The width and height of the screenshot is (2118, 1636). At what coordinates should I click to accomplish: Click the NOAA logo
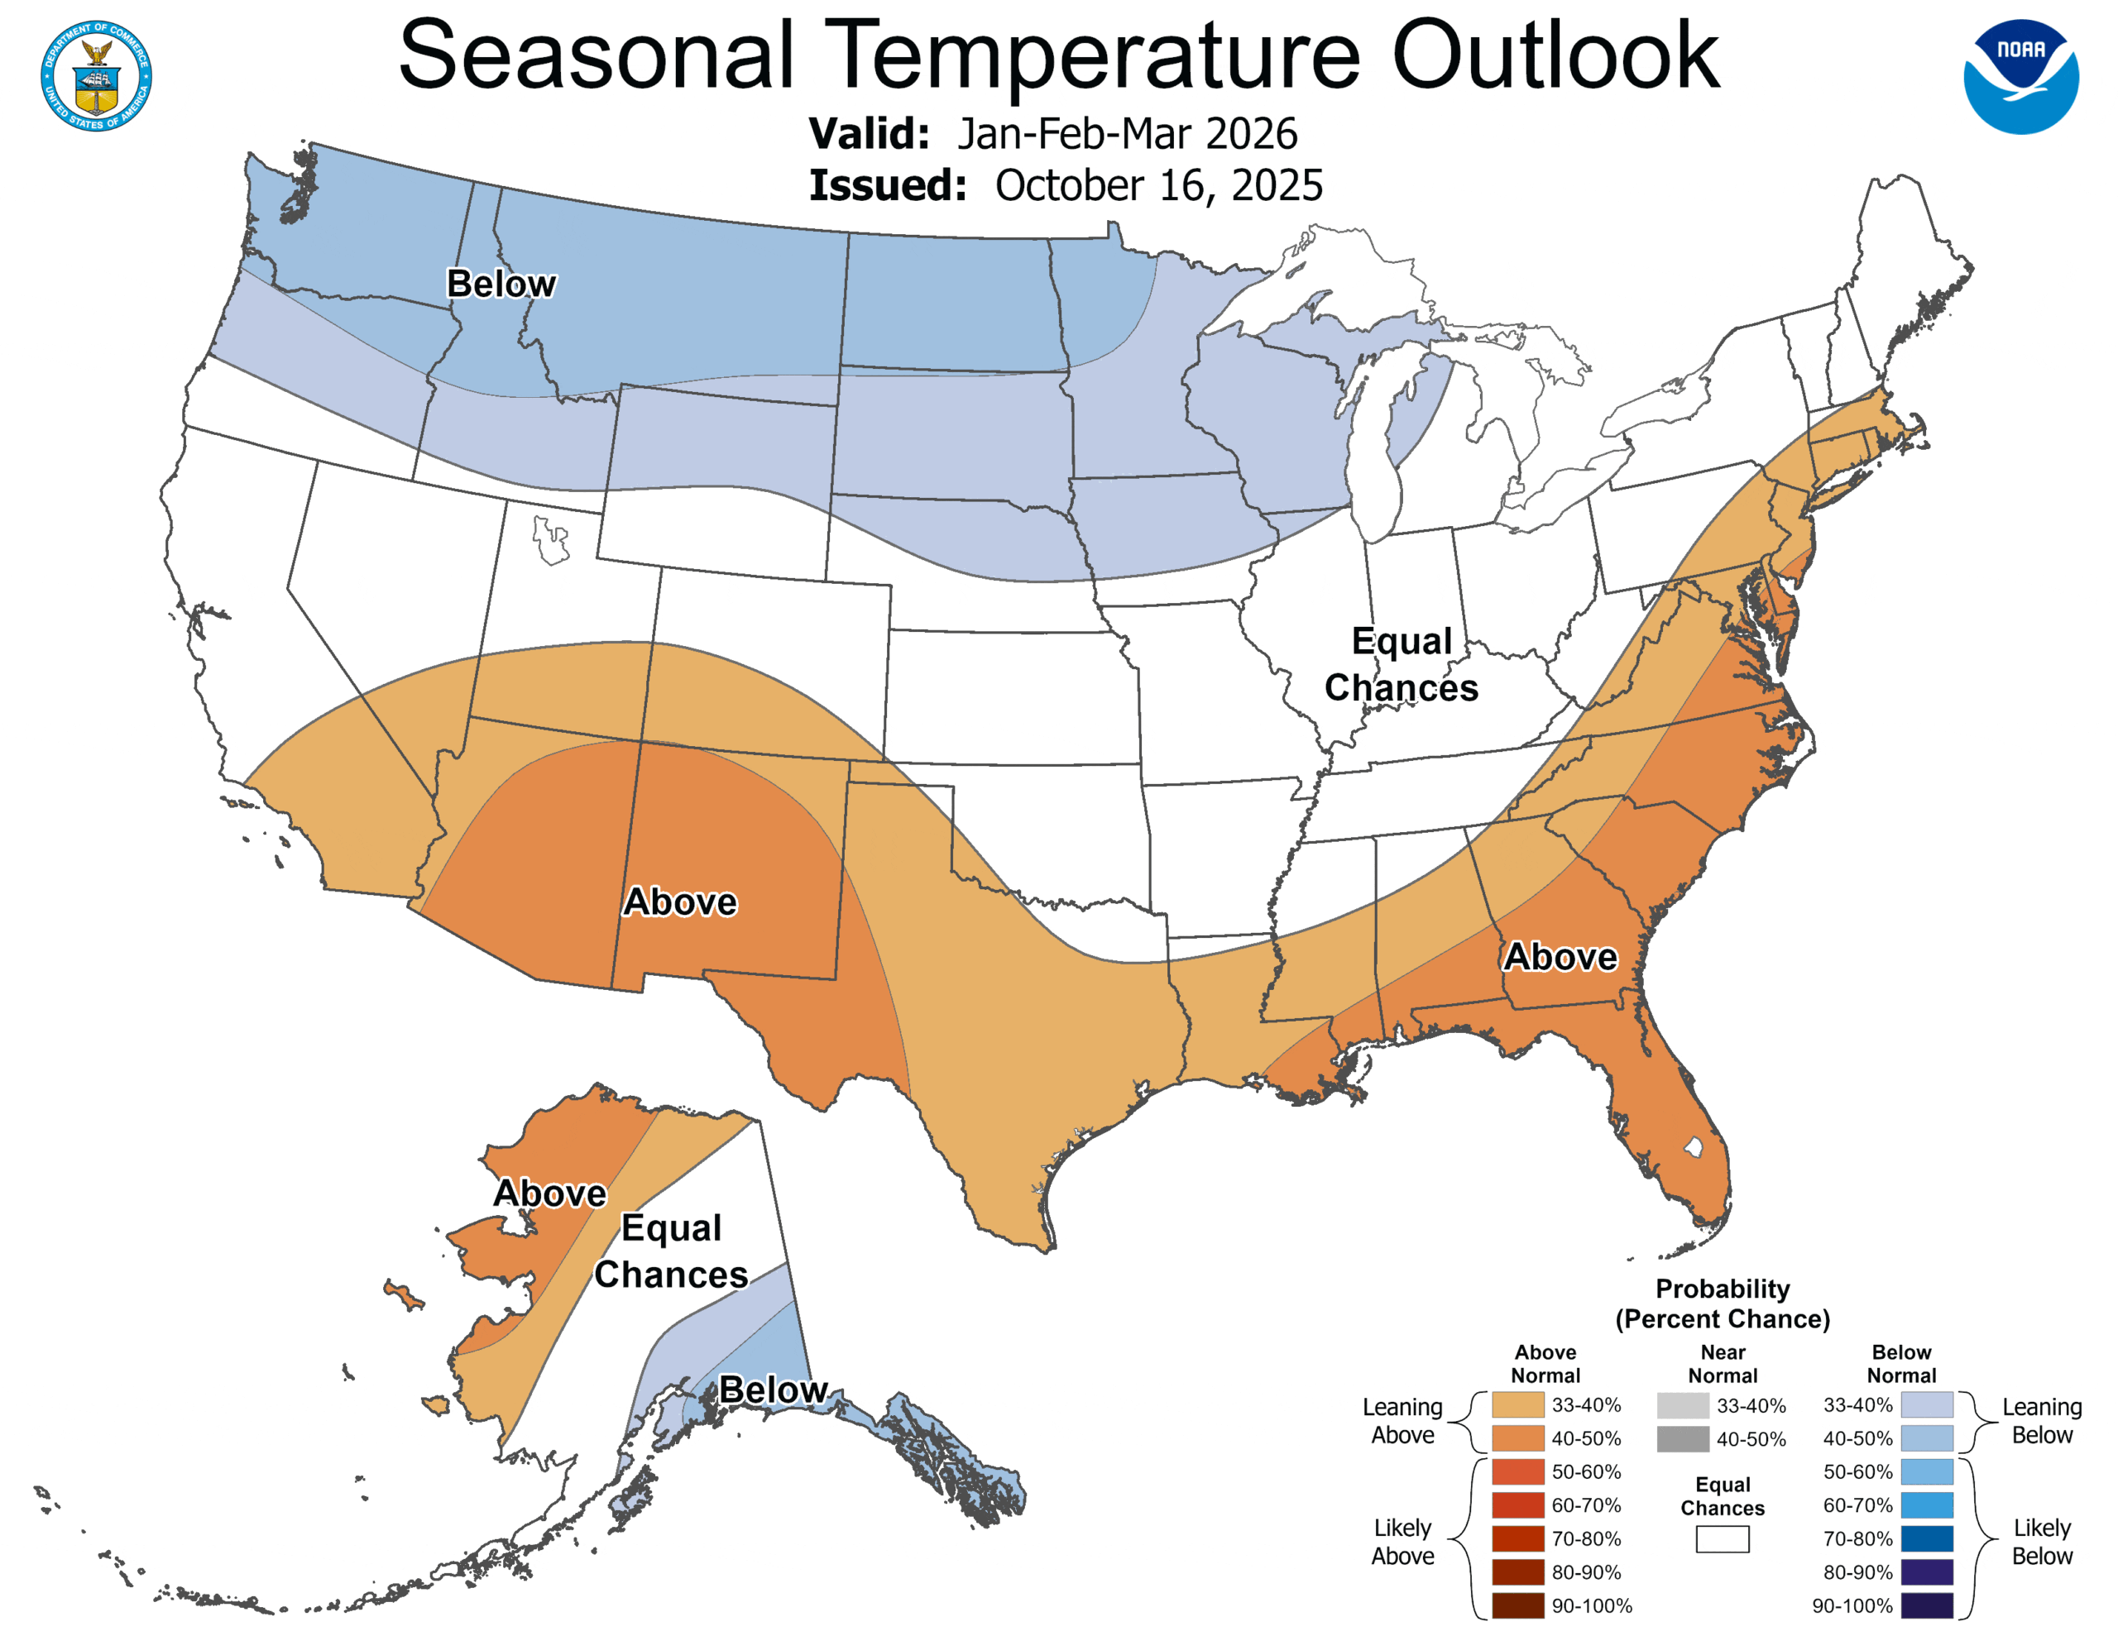point(2020,77)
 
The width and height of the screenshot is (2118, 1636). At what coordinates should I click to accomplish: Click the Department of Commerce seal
point(96,75)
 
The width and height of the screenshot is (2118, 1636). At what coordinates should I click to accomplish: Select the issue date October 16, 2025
point(1158,185)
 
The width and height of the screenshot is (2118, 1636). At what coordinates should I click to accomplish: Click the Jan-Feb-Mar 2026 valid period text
point(1127,134)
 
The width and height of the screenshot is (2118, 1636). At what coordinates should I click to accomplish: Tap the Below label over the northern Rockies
point(501,285)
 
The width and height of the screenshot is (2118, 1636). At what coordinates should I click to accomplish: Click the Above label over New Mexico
point(680,902)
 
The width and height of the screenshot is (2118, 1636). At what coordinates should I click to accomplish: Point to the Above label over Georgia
point(1560,957)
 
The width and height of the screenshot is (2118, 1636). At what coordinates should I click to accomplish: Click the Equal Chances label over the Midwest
point(1402,664)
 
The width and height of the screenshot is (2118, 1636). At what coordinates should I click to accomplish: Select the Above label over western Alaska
point(550,1193)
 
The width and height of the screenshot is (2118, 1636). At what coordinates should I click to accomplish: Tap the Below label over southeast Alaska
point(773,1390)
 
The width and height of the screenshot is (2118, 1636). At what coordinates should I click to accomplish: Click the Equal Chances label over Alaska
point(671,1251)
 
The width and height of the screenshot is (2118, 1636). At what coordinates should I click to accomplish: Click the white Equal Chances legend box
point(1723,1539)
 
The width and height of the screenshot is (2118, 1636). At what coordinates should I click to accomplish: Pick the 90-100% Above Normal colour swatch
point(1517,1605)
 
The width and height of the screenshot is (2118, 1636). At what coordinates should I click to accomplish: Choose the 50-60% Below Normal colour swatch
point(1926,1471)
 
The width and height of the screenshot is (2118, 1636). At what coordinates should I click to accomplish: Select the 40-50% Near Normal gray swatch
point(1683,1439)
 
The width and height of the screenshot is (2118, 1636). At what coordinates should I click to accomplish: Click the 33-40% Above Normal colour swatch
point(1517,1405)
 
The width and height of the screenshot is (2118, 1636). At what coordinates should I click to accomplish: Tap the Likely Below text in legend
point(2041,1541)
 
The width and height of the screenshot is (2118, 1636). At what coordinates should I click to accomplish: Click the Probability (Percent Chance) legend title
point(1723,1304)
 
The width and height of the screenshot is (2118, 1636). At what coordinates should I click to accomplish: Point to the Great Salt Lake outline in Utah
point(550,540)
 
